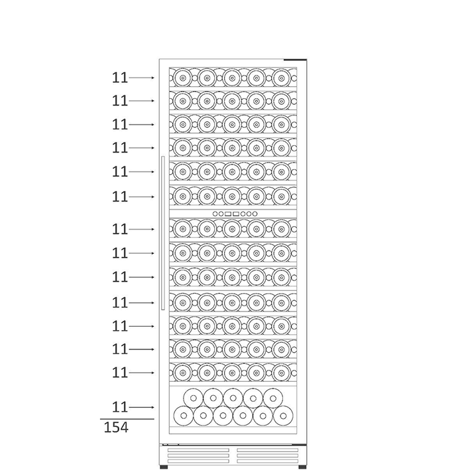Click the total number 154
(116, 428)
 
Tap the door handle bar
(163, 233)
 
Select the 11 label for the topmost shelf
(120, 78)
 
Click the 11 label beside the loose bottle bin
(120, 407)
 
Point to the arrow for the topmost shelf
(141, 78)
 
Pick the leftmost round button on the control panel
(215, 213)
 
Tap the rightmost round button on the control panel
(255, 213)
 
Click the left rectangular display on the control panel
(227, 213)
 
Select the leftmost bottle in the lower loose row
(184, 416)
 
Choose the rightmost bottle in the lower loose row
(283, 416)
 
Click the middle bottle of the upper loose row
(233, 398)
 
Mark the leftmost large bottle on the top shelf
(182, 78)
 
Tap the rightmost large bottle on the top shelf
(281, 78)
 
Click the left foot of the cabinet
(164, 467)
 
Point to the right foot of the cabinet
(302, 467)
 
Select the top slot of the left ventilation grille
(198, 450)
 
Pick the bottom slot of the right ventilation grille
(268, 461)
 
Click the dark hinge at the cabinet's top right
(295, 60)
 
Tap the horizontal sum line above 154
(127, 419)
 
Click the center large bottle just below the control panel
(232, 229)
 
